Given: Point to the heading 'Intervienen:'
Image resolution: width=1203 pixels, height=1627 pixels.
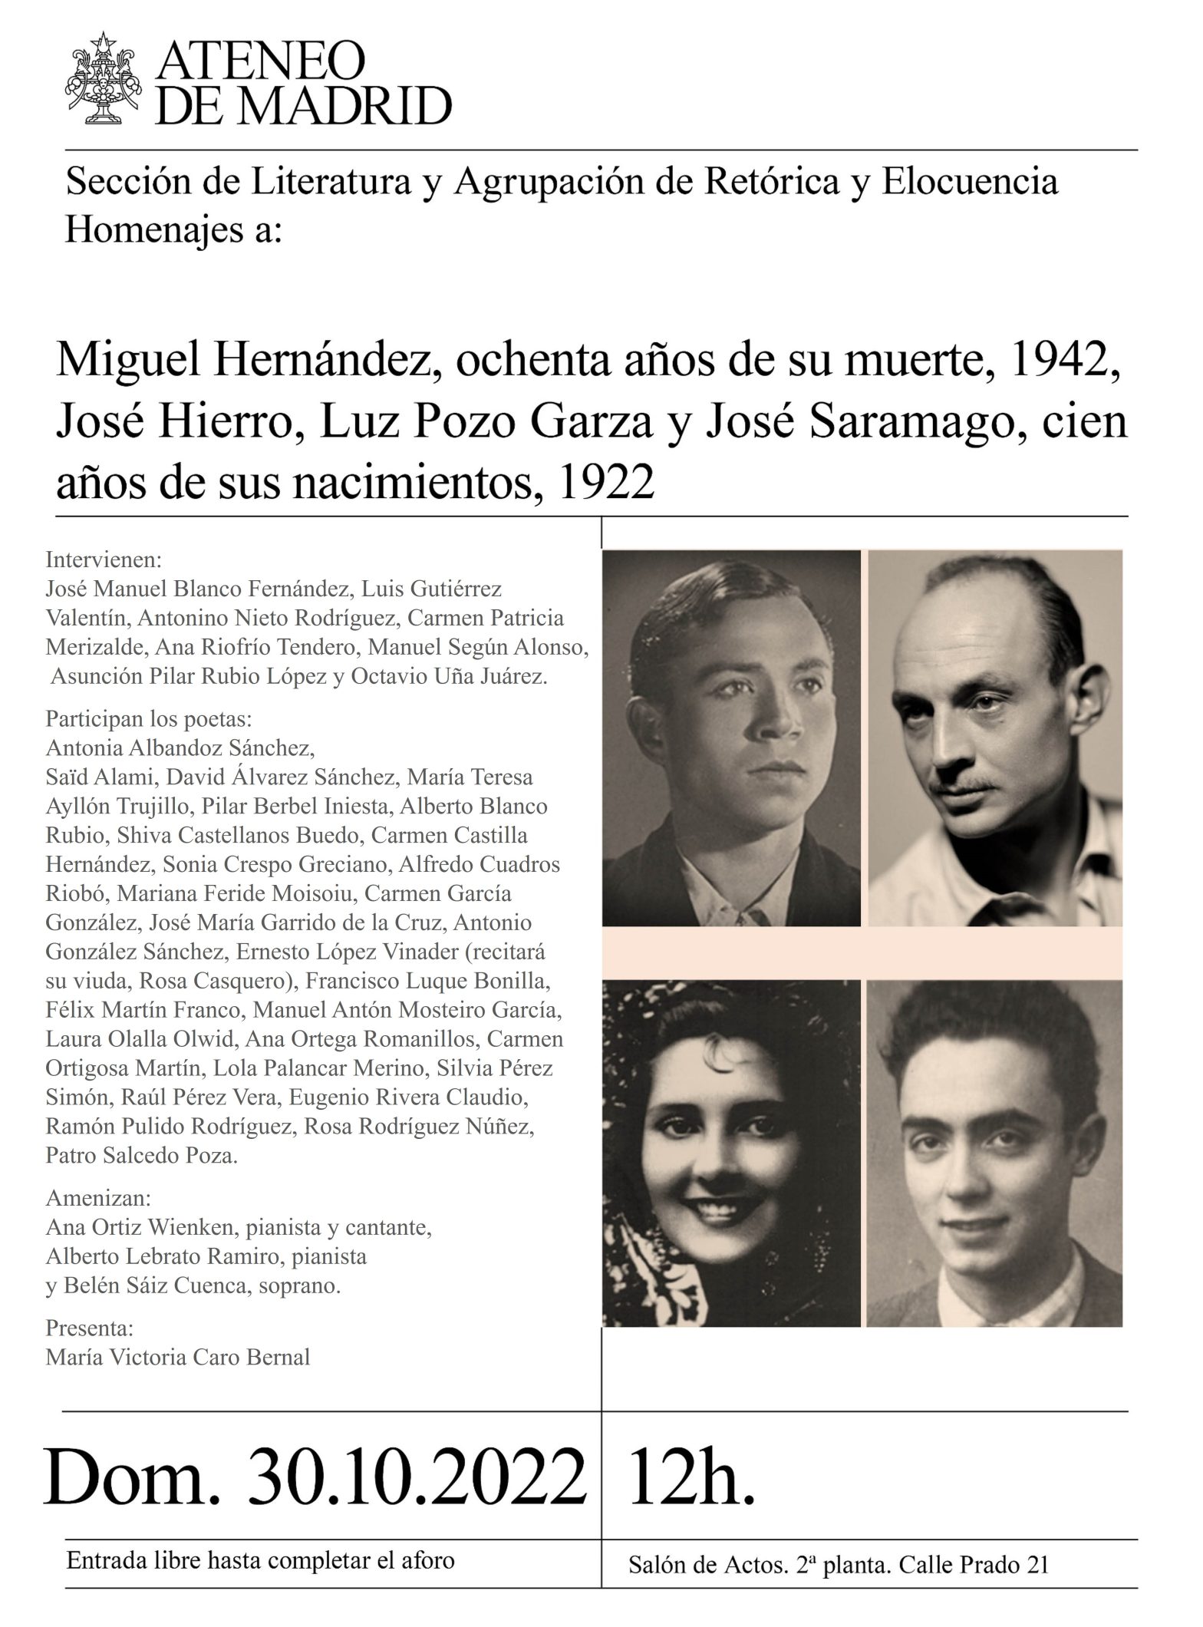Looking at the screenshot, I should (104, 559).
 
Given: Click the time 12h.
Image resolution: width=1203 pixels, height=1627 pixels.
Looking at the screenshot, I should (691, 1475).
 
